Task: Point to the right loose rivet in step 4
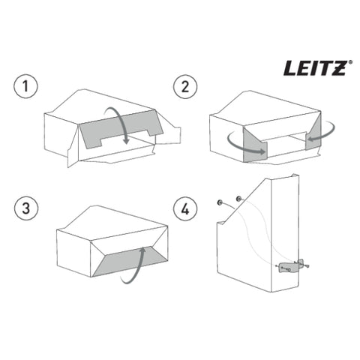[x=238, y=199]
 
